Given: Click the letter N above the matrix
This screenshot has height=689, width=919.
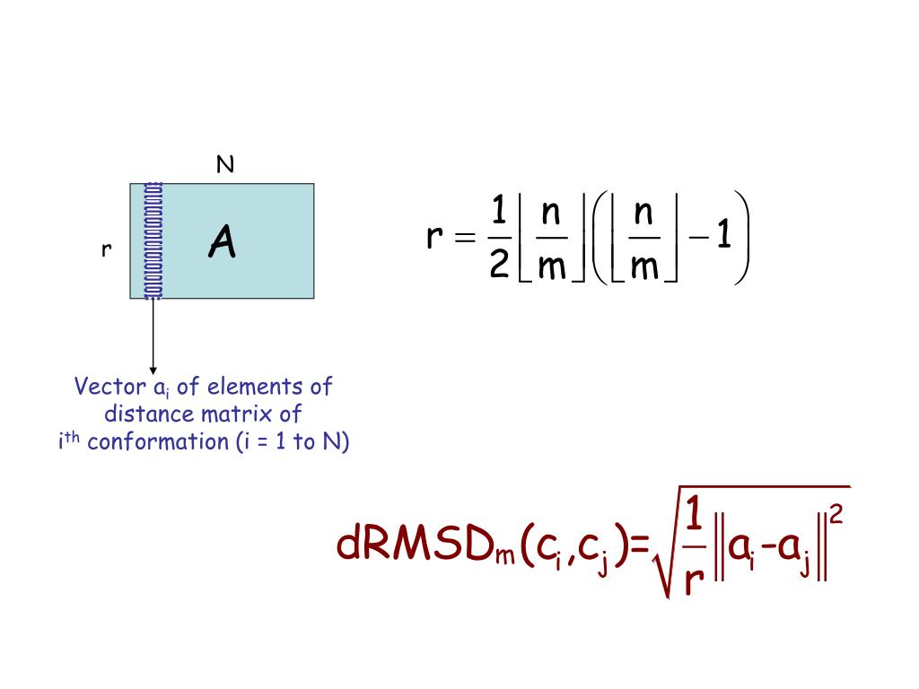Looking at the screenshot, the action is (224, 165).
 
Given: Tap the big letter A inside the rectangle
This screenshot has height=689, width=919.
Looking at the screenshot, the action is (222, 241).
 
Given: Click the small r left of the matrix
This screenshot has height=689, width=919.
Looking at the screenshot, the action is (106, 250).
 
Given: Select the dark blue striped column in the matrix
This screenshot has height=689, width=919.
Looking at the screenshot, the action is (153, 240).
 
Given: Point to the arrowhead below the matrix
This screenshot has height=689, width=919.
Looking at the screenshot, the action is (153, 369).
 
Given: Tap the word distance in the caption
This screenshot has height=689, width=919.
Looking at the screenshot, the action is (144, 414).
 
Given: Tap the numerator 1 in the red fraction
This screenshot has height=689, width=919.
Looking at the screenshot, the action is (693, 516).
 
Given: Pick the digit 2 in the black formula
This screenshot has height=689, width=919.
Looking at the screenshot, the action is (500, 266).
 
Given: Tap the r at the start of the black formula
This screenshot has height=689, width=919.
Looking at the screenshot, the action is (435, 238).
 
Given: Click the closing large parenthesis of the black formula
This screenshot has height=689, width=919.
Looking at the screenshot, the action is (741, 239).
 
